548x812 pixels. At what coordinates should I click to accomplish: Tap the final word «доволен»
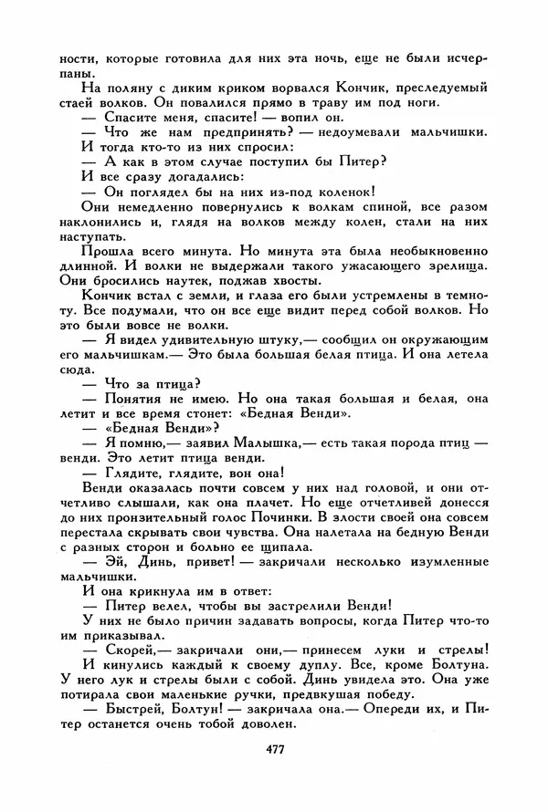270,724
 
